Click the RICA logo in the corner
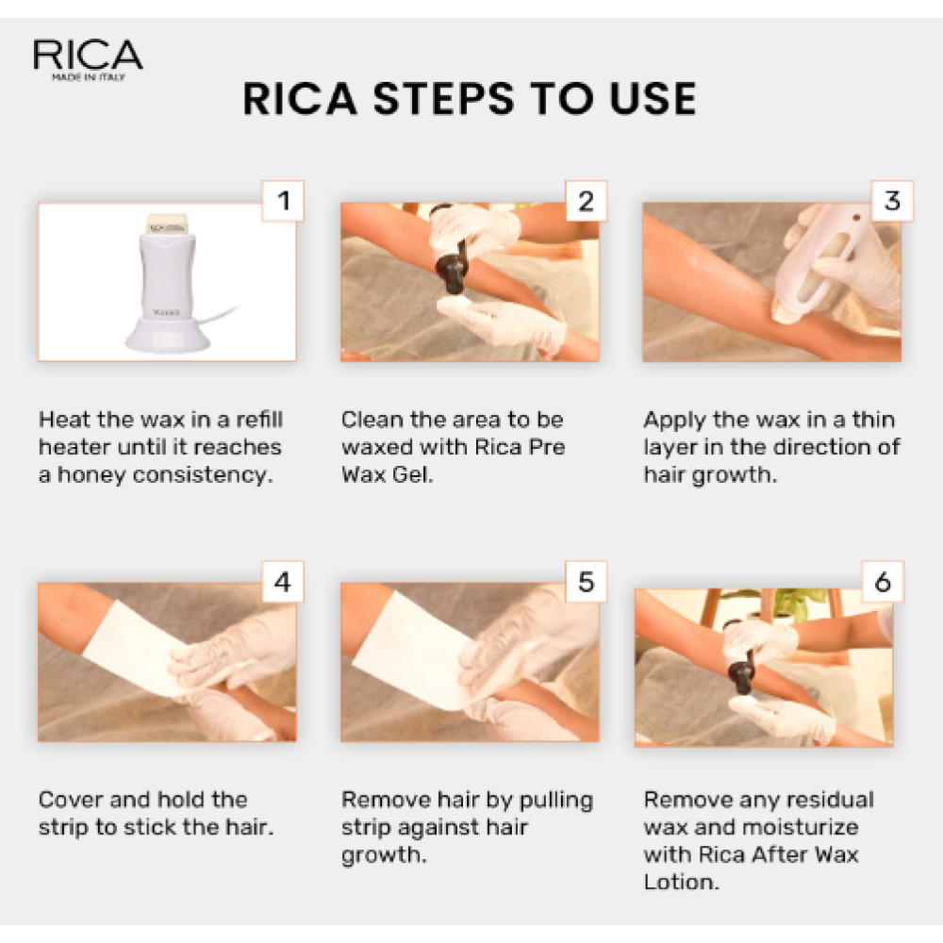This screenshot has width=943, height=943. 88,58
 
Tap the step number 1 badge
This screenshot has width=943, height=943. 283,200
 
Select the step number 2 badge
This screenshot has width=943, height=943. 586,200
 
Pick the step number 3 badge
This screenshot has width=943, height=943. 891,200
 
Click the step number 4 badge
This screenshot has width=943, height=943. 283,583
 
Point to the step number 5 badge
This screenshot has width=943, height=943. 586,583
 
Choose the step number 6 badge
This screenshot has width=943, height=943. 882,583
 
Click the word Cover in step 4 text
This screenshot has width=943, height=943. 71,801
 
